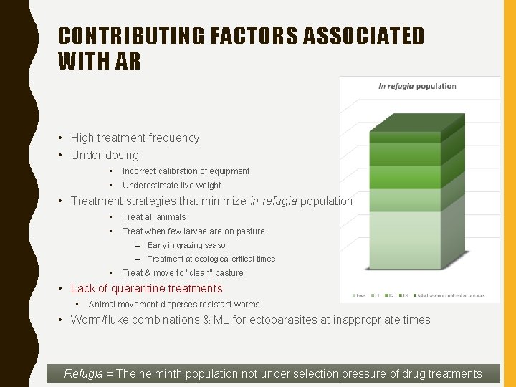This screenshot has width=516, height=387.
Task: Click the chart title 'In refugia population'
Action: (x=417, y=86)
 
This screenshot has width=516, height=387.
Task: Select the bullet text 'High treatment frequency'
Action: (x=135, y=138)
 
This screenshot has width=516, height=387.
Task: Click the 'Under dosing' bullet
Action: (x=105, y=155)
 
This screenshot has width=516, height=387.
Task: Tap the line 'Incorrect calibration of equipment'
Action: (x=186, y=171)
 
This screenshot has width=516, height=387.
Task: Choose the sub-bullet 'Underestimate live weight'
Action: (x=171, y=186)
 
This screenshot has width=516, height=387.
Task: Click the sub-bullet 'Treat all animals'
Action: (x=153, y=217)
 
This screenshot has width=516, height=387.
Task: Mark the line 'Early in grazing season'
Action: (x=188, y=245)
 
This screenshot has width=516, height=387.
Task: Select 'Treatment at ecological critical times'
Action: (x=211, y=259)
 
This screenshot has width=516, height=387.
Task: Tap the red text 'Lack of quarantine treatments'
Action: (x=146, y=288)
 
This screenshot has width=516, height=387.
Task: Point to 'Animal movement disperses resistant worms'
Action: (x=173, y=305)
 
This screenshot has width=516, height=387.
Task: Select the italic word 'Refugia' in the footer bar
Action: (x=83, y=373)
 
